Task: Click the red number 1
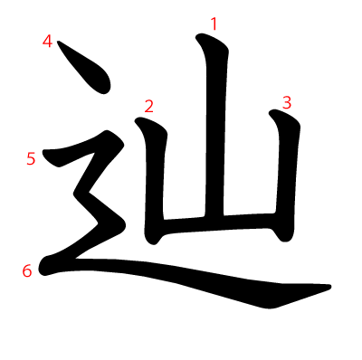click(x=214, y=24)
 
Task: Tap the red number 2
click(x=148, y=106)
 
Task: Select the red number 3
click(x=287, y=103)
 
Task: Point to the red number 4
click(x=47, y=42)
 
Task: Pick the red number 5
click(x=31, y=158)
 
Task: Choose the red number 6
click(x=27, y=270)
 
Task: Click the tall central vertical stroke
click(x=215, y=127)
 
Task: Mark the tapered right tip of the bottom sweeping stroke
click(x=329, y=287)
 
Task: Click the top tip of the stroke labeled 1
click(x=198, y=37)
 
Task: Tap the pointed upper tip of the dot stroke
click(x=58, y=42)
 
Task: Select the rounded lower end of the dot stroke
click(x=104, y=90)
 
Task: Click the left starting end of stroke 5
click(x=45, y=153)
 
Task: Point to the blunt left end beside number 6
click(x=43, y=268)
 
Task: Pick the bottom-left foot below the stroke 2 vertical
click(x=152, y=240)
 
